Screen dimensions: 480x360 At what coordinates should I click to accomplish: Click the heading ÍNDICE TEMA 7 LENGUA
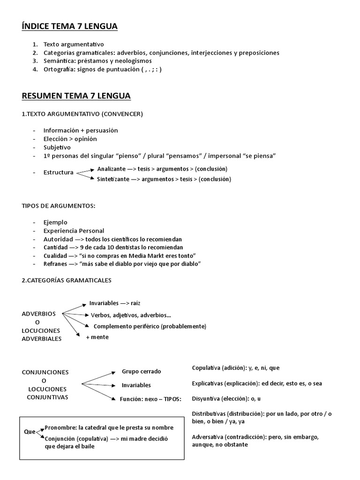(x=69, y=27)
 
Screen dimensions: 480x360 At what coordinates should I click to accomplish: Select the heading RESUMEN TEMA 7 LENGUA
(x=76, y=96)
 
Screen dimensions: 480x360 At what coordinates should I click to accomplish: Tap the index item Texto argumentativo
(x=74, y=44)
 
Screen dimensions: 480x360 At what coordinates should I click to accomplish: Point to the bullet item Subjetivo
(x=57, y=147)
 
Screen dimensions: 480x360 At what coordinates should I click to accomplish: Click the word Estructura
(x=59, y=172)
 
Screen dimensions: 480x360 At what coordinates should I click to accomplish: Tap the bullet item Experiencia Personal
(x=74, y=231)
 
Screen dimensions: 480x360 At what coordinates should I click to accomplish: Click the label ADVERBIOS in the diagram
(x=39, y=314)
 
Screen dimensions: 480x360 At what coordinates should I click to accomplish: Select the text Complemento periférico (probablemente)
(x=150, y=326)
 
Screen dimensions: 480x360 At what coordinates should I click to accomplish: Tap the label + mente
(x=97, y=337)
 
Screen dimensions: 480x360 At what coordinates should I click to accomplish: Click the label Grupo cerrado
(x=141, y=371)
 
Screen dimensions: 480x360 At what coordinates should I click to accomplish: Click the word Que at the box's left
(x=30, y=432)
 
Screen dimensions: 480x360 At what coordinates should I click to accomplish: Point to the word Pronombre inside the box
(x=60, y=427)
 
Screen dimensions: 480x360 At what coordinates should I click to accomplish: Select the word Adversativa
(x=208, y=437)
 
